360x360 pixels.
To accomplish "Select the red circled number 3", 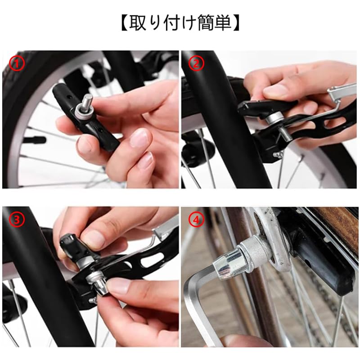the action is click(x=17, y=220).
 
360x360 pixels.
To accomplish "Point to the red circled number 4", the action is click(x=196, y=220).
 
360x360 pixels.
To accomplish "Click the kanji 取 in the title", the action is click(x=138, y=22).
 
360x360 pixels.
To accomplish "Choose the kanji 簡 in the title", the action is click(x=206, y=22).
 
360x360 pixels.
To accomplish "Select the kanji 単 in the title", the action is click(x=223, y=22).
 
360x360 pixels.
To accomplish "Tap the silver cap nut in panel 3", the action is click(x=100, y=287).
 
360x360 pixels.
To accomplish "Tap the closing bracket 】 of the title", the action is click(x=236, y=22).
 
